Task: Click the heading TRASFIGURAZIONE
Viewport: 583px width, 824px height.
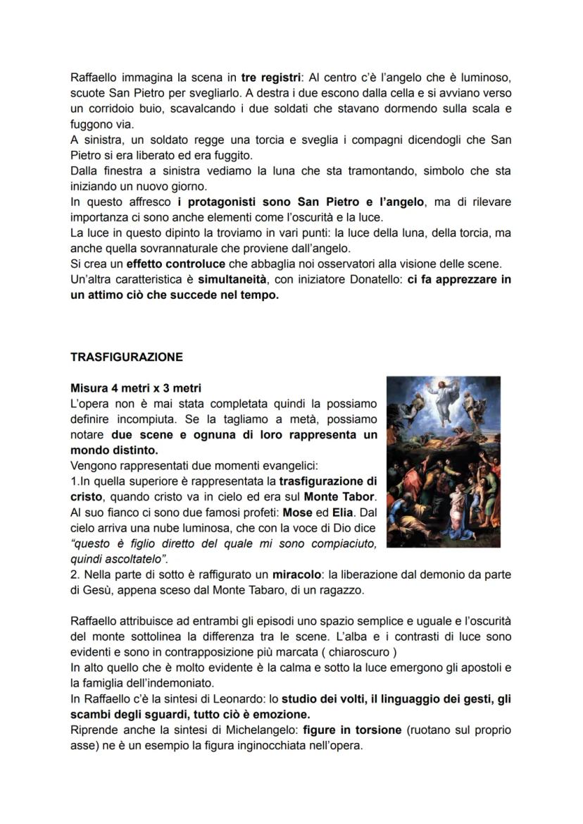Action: point(126,357)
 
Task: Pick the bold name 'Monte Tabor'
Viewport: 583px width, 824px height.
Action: point(340,496)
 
